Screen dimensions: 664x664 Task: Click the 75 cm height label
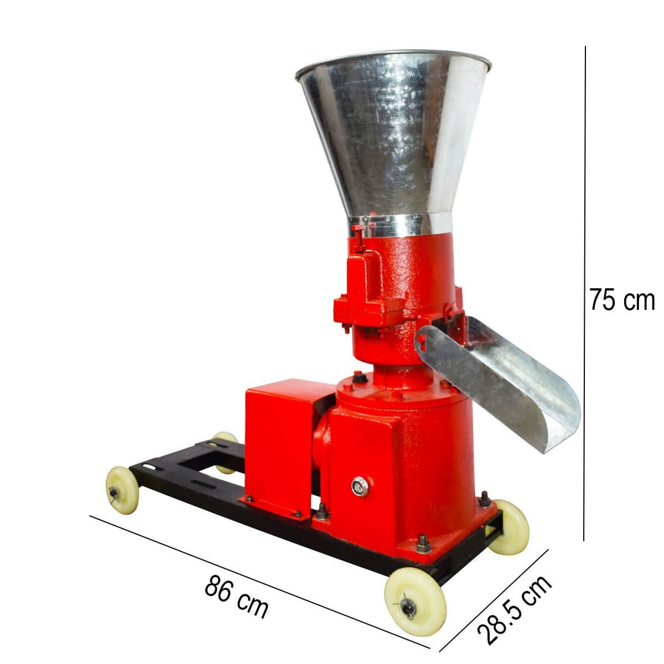(x=621, y=300)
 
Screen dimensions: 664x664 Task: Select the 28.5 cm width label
(x=515, y=609)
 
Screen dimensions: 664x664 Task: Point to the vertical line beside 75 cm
(x=585, y=293)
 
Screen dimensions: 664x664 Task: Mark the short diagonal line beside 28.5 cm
(x=494, y=601)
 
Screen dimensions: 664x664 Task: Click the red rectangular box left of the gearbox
(x=277, y=443)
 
